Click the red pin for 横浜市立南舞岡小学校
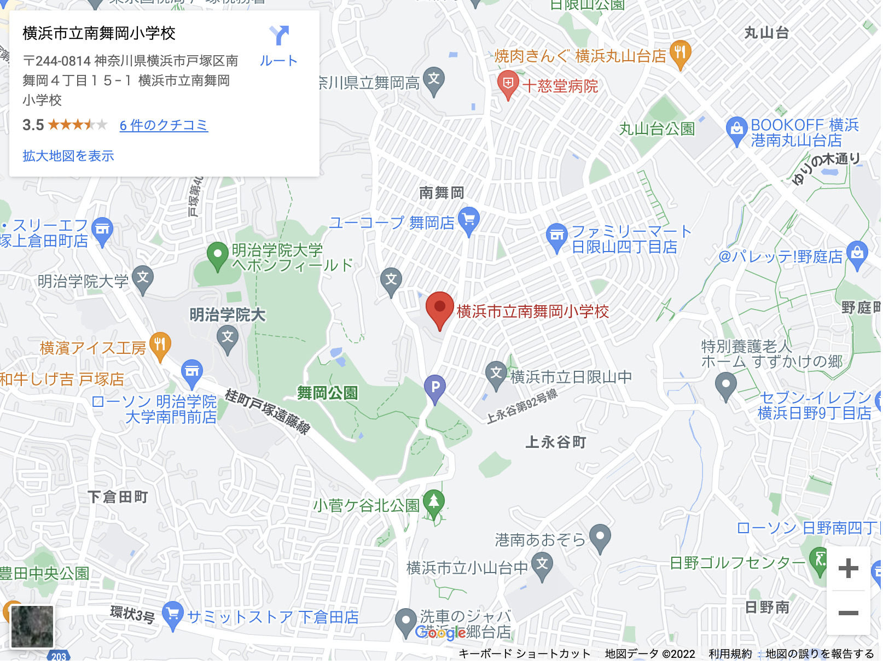coord(440,308)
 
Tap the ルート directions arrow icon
coord(279,36)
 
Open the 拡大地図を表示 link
coord(68,156)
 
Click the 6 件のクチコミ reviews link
coord(164,125)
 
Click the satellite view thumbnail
coord(32,626)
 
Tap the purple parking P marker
coord(435,387)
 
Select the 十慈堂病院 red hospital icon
coord(508,84)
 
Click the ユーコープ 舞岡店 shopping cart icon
coord(469,220)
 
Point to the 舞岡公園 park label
coord(327,393)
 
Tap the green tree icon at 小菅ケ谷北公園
coord(434,501)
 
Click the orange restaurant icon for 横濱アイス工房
coord(160,345)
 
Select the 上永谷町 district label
coord(555,442)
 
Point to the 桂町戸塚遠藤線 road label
coord(268,411)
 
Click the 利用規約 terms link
coord(730,654)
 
